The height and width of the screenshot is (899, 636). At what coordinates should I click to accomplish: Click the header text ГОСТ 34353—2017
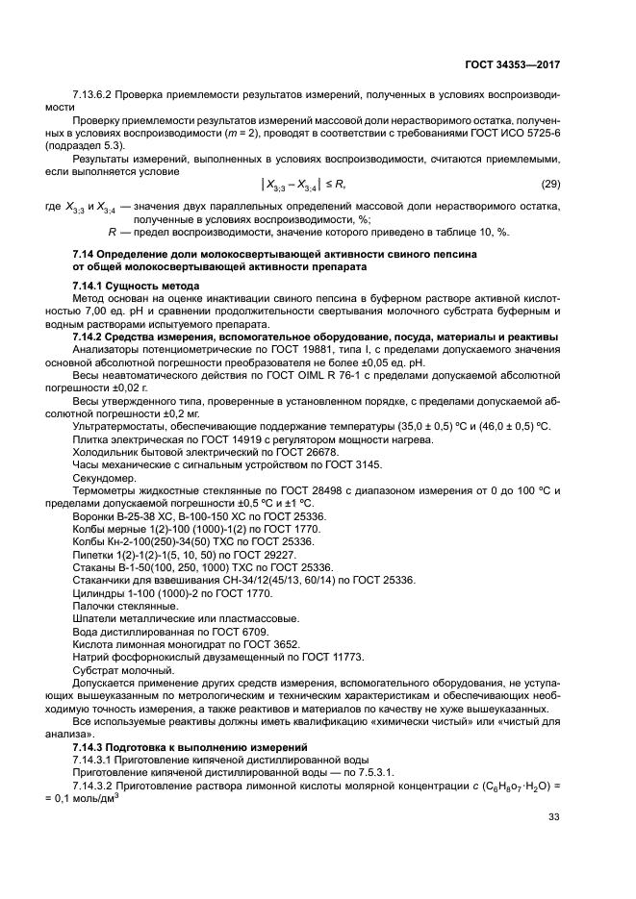coord(510,63)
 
